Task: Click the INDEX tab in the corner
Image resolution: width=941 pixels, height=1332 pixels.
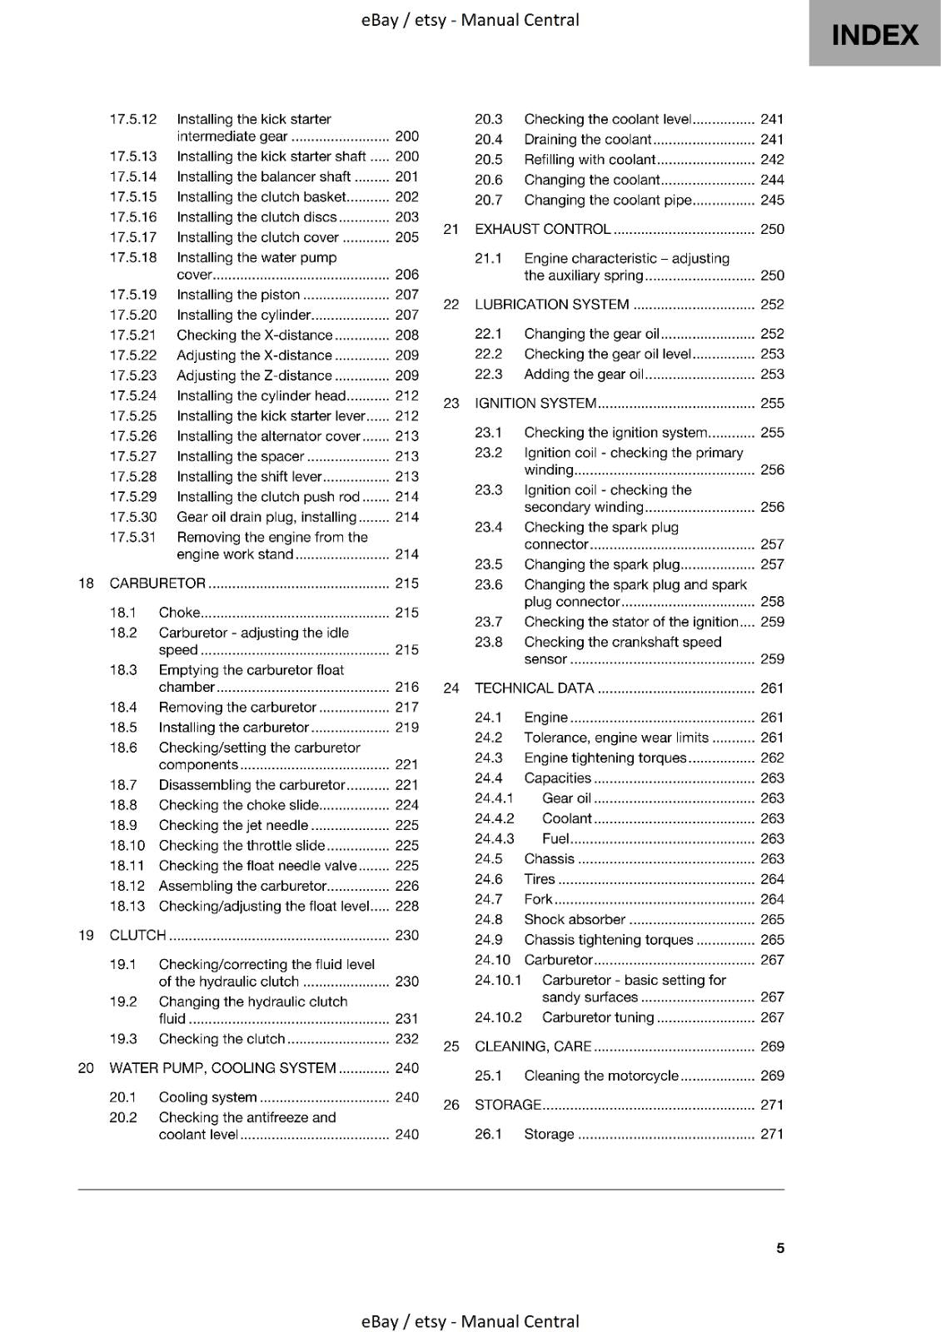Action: pyautogui.click(x=874, y=34)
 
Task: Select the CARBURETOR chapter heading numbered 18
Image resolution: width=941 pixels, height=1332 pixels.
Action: pyautogui.click(x=157, y=584)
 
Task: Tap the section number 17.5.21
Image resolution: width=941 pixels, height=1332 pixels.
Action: pyautogui.click(x=133, y=335)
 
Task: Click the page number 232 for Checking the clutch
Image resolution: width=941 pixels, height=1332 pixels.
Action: pyautogui.click(x=406, y=1039)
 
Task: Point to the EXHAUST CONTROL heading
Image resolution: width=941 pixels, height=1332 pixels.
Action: pyautogui.click(x=542, y=230)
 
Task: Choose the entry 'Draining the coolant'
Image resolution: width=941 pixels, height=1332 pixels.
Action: pyautogui.click(x=587, y=140)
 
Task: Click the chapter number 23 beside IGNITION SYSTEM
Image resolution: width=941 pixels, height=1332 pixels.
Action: pyautogui.click(x=451, y=404)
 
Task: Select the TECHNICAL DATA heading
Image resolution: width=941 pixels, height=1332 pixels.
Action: pyautogui.click(x=534, y=688)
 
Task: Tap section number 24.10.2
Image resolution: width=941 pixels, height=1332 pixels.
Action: pyautogui.click(x=498, y=1017)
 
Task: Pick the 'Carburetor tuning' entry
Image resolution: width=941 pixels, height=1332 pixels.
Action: pyautogui.click(x=598, y=1017)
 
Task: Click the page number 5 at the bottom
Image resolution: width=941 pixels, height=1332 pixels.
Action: pyautogui.click(x=780, y=1248)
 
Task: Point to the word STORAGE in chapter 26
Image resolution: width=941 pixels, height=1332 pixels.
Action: pyautogui.click(x=507, y=1106)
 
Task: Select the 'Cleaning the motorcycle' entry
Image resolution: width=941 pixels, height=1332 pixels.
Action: pyautogui.click(x=601, y=1076)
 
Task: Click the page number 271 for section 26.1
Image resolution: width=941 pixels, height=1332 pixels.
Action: pyautogui.click(x=772, y=1134)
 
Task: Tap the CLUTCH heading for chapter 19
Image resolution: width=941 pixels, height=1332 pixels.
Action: pyautogui.click(x=138, y=936)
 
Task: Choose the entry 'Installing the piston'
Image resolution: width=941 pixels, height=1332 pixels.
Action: pyautogui.click(x=238, y=295)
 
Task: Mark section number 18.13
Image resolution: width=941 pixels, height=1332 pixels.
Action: pyautogui.click(x=127, y=907)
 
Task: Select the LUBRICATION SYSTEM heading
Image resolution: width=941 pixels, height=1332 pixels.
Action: pyautogui.click(x=551, y=305)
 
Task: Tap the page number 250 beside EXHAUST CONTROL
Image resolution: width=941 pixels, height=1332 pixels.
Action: pyautogui.click(x=772, y=230)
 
